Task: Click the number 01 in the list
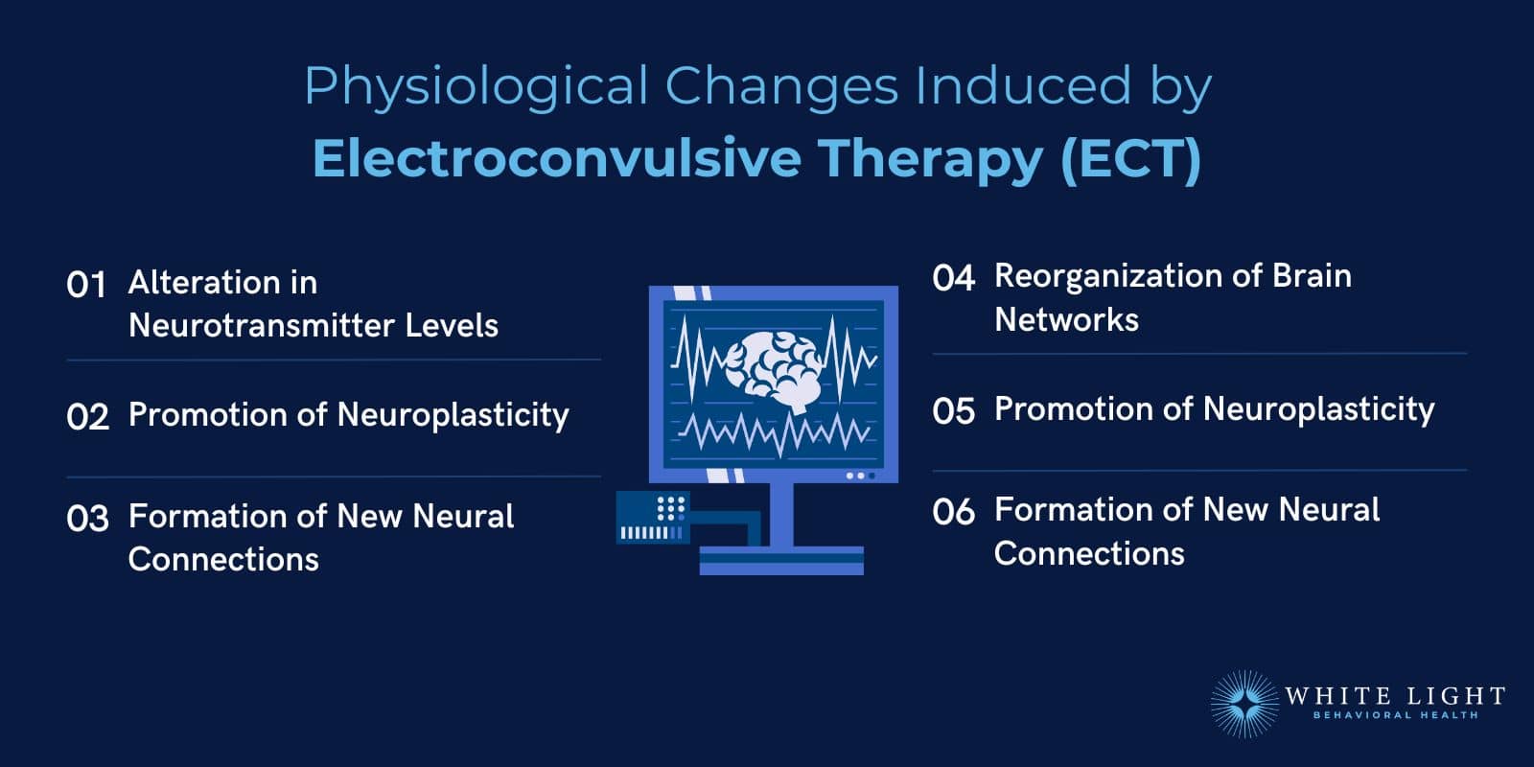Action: click(x=86, y=285)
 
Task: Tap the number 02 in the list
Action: click(x=87, y=417)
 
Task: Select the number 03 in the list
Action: click(x=87, y=519)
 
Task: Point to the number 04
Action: click(x=953, y=279)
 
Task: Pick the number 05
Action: click(x=953, y=411)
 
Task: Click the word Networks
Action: click(x=1066, y=319)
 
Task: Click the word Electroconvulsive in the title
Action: click(x=556, y=158)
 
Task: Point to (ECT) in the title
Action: click(x=1131, y=158)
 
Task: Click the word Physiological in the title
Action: click(x=476, y=86)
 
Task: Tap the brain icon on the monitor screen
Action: click(x=773, y=370)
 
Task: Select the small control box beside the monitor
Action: click(x=652, y=518)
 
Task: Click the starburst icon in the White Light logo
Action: click(x=1243, y=704)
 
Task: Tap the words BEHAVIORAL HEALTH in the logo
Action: click(x=1395, y=715)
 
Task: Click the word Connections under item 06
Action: click(x=1089, y=554)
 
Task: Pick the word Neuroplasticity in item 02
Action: click(x=453, y=415)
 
